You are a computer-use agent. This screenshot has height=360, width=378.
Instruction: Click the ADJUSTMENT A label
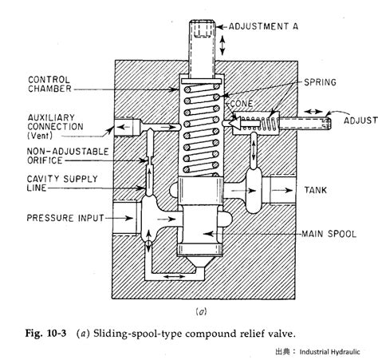263,26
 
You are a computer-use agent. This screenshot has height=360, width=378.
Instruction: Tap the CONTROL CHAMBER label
49,84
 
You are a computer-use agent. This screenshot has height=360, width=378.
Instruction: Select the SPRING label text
320,82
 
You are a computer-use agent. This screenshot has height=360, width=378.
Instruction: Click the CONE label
242,103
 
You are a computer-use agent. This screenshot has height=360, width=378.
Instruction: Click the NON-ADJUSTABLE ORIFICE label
68,156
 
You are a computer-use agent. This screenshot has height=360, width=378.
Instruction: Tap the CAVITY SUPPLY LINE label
62,184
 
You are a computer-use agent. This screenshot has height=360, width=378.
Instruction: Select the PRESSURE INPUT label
65,218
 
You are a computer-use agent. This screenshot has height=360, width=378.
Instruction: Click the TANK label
316,190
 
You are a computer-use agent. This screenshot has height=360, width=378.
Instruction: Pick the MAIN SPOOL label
329,234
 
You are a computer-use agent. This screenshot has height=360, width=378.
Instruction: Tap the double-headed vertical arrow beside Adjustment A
222,45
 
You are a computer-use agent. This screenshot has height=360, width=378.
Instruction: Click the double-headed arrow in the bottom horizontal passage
174,277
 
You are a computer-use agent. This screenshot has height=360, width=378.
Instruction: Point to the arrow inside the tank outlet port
282,190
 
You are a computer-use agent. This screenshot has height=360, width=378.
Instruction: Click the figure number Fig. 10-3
45,334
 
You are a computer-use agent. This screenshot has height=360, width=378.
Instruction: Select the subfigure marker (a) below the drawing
201,311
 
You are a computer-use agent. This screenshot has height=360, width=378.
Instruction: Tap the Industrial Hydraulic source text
329,352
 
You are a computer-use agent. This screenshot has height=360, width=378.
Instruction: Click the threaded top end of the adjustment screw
203,28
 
